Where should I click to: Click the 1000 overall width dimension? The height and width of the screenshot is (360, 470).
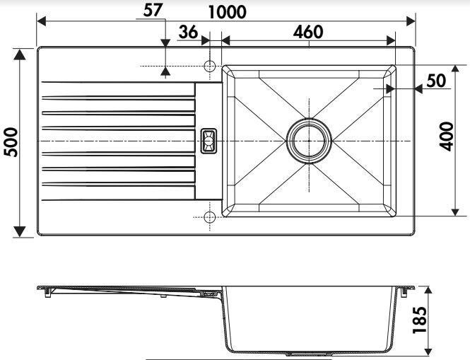(x=227, y=12)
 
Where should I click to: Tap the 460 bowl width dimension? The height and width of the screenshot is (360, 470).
(x=308, y=32)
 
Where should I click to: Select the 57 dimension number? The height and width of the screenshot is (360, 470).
(x=153, y=10)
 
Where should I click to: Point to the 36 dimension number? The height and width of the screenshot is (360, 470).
(x=188, y=32)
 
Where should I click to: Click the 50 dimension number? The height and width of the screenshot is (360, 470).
(x=436, y=81)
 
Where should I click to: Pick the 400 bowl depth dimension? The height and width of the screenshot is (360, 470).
(x=446, y=137)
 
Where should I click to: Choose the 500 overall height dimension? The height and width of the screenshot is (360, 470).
(x=12, y=142)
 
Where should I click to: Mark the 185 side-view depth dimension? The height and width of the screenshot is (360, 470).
(x=419, y=320)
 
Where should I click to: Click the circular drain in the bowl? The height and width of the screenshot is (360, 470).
(x=309, y=141)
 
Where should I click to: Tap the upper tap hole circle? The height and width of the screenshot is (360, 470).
(x=209, y=66)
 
